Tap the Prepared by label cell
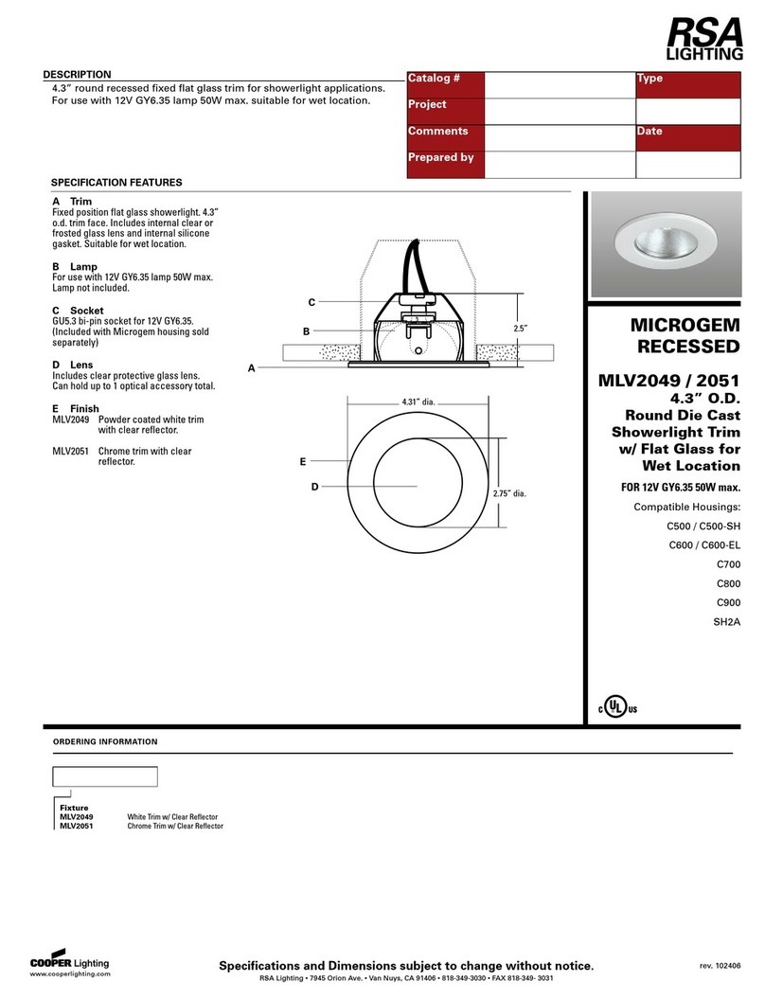coord(440,158)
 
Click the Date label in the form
coord(649,132)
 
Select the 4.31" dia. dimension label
coord(418,401)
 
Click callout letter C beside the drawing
coord(311,301)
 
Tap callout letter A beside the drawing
coord(252,368)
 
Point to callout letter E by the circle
coord(302,461)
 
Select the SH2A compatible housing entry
coord(725,622)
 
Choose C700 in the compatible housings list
coord(728,563)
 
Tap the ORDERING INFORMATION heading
coord(104,741)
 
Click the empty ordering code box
coord(104,777)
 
